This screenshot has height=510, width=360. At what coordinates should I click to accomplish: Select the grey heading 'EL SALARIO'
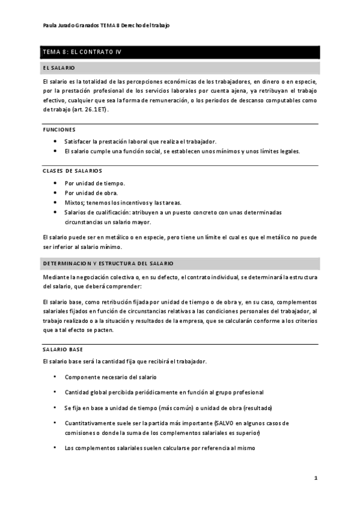pos(58,68)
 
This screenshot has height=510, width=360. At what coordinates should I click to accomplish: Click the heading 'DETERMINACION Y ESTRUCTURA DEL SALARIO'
pos(108,264)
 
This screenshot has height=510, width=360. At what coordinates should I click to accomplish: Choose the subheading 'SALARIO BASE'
pos(63,349)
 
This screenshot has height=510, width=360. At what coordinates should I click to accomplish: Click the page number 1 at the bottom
pos(316,478)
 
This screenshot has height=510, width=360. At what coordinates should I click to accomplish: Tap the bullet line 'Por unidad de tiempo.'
pos(95,183)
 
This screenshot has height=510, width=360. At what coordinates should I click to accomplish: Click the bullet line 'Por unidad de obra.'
pos(91,192)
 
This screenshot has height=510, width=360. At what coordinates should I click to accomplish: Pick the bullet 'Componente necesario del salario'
pos(111,377)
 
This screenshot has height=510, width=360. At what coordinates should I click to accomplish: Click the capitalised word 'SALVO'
pos(233,423)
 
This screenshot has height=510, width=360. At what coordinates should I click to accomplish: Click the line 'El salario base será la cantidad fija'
pos(125,361)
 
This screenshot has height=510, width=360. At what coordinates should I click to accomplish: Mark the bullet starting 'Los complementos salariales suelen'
pos(160,448)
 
